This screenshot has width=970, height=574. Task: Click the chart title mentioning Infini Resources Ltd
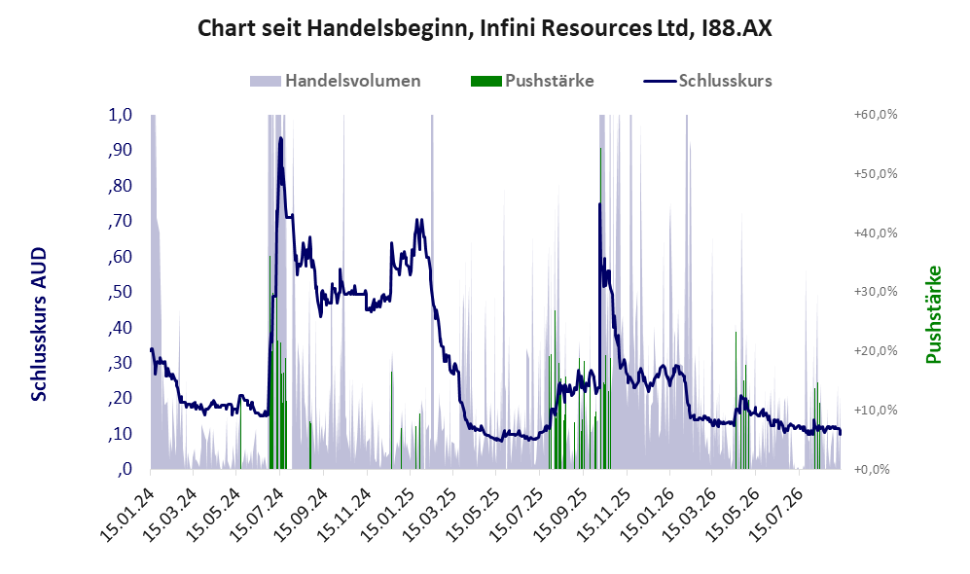(485, 28)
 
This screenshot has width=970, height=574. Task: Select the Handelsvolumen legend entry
(336, 81)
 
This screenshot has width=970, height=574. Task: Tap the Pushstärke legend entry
(532, 81)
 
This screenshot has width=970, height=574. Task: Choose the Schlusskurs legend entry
(707, 81)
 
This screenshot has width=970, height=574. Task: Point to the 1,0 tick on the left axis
(120, 115)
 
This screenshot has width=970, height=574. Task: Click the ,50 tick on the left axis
(120, 292)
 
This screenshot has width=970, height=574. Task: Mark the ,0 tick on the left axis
(125, 469)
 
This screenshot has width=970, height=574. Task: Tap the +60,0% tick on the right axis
(876, 115)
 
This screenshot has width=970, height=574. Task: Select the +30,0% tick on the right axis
(876, 291)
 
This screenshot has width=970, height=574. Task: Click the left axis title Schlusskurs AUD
(39, 324)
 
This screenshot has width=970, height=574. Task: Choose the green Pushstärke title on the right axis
(933, 314)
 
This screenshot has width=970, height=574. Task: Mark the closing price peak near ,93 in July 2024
(281, 138)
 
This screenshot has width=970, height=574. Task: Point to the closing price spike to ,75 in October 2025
(599, 203)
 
